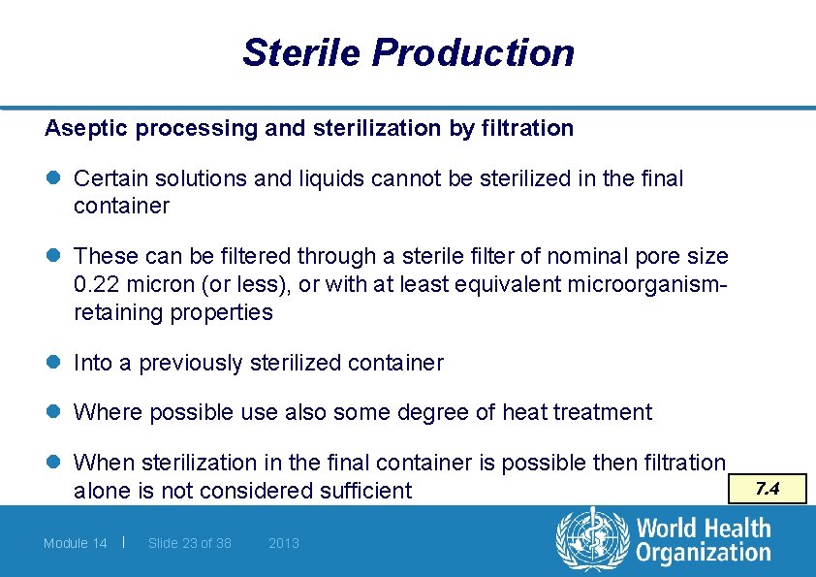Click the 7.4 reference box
coord(768,489)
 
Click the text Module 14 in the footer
coord(76,543)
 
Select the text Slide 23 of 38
coord(190,543)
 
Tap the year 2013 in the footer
coord(284,543)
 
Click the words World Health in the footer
coord(703,529)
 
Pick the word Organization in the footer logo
coord(703,554)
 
